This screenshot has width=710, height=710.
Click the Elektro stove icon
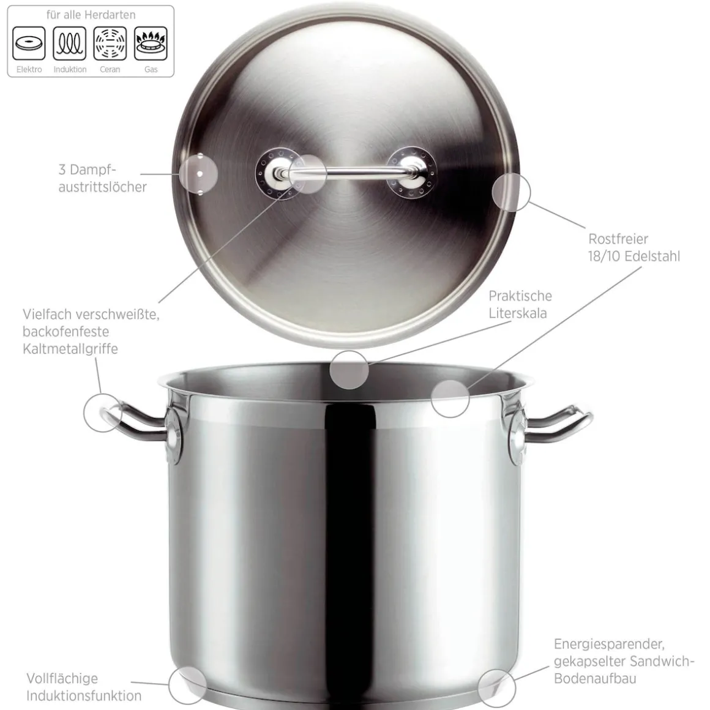29,43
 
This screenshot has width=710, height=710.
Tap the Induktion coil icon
70,43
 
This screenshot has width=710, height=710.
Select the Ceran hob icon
110,43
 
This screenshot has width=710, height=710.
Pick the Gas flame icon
151,43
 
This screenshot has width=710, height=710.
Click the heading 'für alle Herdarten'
91,15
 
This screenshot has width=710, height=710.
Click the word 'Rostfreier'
618,239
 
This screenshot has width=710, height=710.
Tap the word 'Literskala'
518,313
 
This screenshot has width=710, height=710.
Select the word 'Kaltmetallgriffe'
70,349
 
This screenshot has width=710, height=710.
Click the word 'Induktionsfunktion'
84,695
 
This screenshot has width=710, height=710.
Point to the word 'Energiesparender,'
609,644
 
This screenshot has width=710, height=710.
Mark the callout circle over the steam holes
198,174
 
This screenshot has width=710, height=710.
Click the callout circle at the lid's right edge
511,192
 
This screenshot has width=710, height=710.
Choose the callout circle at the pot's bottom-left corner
188,685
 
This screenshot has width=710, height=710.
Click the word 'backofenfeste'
65,332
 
